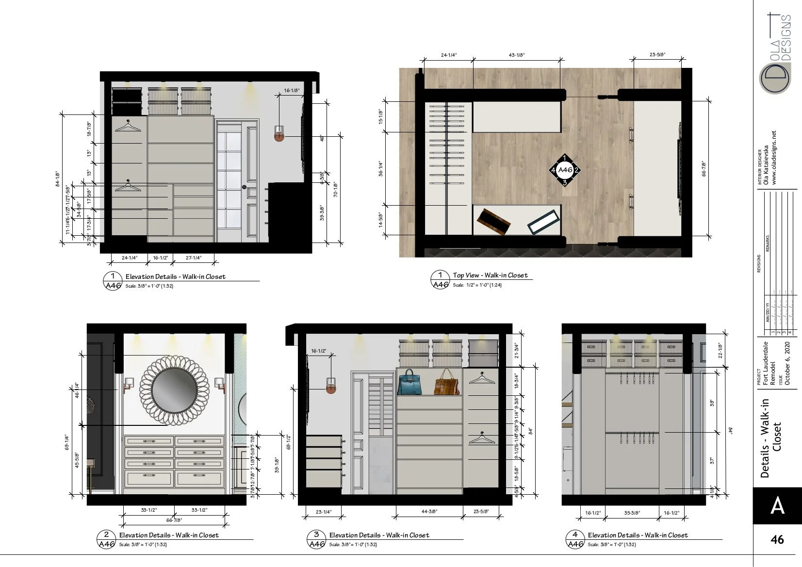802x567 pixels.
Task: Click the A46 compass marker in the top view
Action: click(565, 170)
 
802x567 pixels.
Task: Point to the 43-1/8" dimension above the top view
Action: click(517, 55)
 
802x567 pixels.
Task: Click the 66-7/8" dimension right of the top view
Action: click(704, 168)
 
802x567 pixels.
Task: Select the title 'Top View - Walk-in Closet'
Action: click(490, 275)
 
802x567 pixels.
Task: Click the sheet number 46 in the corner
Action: click(777, 539)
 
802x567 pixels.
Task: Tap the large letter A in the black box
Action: click(777, 506)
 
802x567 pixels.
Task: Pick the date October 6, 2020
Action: click(787, 364)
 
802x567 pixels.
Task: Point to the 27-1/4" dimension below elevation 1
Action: click(194, 258)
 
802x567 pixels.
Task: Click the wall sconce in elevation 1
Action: click(279, 134)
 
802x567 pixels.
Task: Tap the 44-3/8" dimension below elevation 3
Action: click(428, 511)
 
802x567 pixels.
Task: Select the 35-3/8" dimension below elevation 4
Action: click(631, 513)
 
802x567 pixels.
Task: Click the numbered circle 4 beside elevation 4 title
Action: click(575, 535)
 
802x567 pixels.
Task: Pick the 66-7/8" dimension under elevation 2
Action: click(174, 520)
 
